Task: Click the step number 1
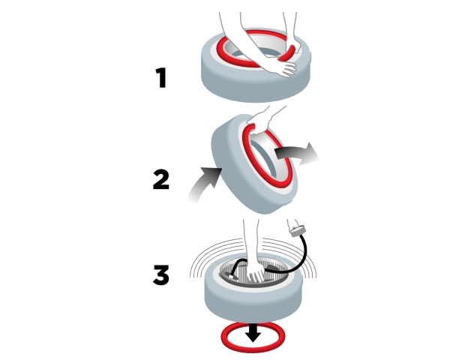tap(161, 77)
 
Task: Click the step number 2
tap(161, 179)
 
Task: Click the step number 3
tap(161, 275)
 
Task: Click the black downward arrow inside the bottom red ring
tap(253, 333)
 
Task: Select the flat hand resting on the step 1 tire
tap(284, 68)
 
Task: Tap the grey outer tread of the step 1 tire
tap(256, 86)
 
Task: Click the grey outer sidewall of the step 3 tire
tap(253, 304)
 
